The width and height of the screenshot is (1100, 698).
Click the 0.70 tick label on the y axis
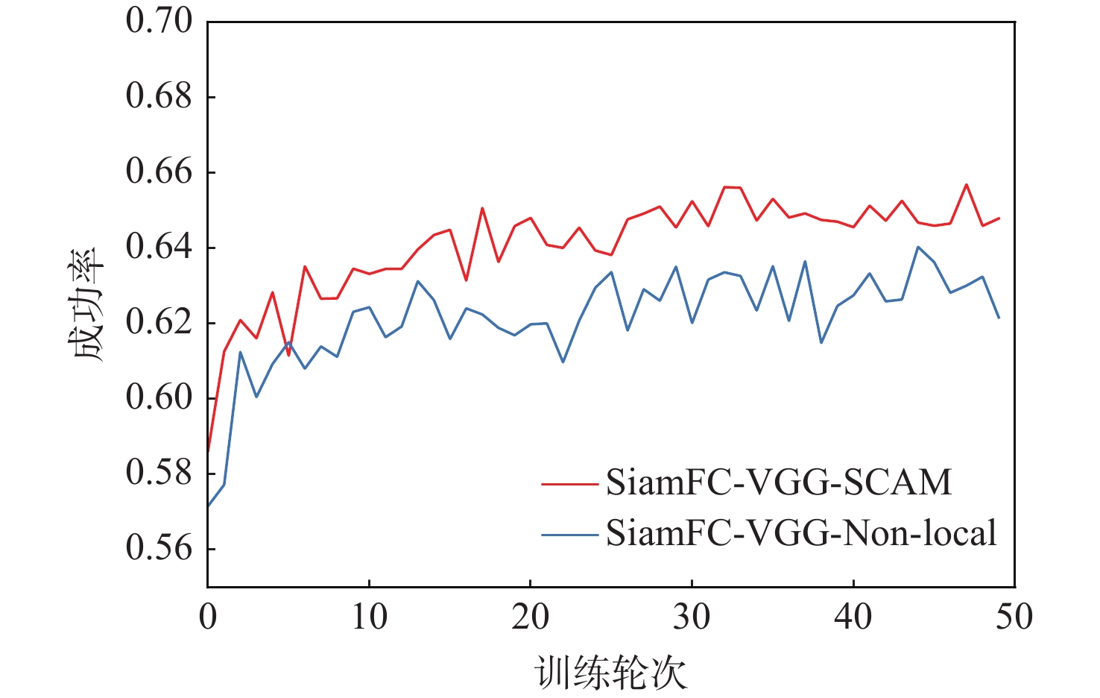click(159, 21)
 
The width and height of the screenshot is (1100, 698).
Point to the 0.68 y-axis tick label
click(159, 96)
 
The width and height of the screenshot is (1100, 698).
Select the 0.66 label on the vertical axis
click(159, 172)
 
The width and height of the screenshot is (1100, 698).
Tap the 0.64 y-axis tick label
click(159, 247)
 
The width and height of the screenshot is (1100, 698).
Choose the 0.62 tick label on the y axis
click(159, 322)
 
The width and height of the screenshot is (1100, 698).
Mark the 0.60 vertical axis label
click(159, 397)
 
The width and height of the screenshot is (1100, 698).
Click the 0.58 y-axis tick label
click(159, 473)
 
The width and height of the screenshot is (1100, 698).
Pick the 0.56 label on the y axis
click(159, 548)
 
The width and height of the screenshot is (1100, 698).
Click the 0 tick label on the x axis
click(208, 617)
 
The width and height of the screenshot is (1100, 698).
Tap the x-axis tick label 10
click(369, 617)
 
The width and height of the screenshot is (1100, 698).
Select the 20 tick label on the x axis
click(530, 617)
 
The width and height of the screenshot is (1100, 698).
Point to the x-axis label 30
click(692, 617)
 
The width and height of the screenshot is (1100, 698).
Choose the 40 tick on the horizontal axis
click(853, 617)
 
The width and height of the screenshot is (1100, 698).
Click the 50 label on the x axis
click(1014, 617)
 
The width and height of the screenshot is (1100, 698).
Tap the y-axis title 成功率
click(89, 304)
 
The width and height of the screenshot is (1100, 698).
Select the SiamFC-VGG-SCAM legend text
click(779, 482)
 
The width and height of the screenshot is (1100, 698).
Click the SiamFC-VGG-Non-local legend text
click(801, 533)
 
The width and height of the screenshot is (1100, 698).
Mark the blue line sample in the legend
click(569, 535)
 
